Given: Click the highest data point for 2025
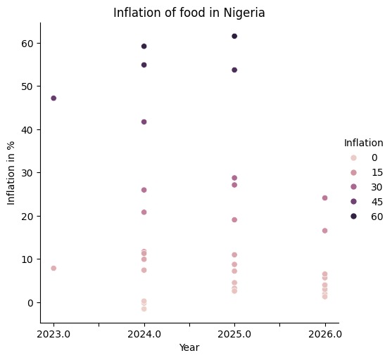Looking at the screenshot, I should click(x=234, y=36).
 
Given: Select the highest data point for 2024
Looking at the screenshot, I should click(x=144, y=46).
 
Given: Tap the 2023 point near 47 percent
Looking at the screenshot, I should click(x=53, y=98).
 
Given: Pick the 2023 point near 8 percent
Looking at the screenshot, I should click(x=53, y=269).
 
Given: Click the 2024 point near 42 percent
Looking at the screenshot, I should click(x=144, y=122).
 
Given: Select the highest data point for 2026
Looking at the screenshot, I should click(x=324, y=198).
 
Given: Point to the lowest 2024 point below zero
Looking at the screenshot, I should click(x=144, y=309).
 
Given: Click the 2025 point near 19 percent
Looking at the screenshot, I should click(x=234, y=220).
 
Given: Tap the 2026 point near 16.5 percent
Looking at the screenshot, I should click(x=324, y=231).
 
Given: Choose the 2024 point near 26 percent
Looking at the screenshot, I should click(x=144, y=190).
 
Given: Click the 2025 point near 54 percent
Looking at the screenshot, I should click(x=234, y=70).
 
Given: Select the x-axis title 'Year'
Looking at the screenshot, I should click(x=189, y=347).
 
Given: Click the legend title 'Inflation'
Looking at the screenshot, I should click(x=363, y=143).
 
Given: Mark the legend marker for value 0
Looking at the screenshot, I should click(x=353, y=157).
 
